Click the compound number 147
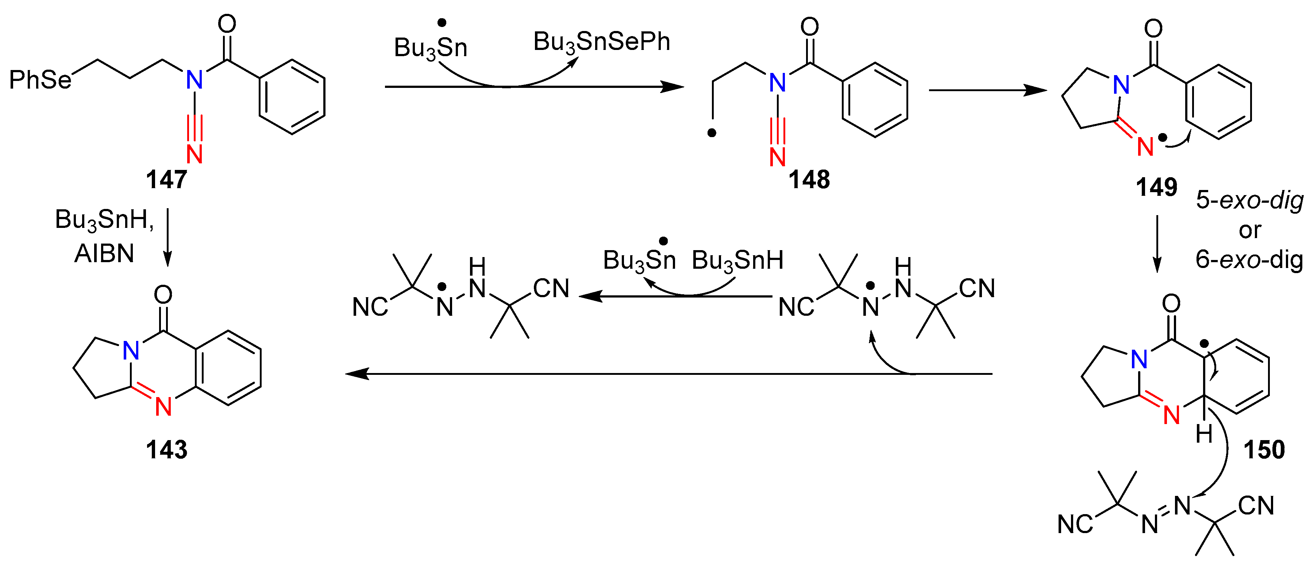pos(166,179)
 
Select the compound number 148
pos(809,179)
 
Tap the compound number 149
pos(1156,187)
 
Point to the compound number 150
pos(1264,450)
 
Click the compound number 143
pos(166,450)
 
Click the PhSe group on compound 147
pos(40,80)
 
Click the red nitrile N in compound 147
pos(194,154)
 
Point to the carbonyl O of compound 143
pos(163,294)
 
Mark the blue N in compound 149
pos(1122,85)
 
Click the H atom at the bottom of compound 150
pos(1204,434)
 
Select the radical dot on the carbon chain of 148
pos(712,133)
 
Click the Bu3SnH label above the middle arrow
pos(737,260)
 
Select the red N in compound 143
pos(163,406)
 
